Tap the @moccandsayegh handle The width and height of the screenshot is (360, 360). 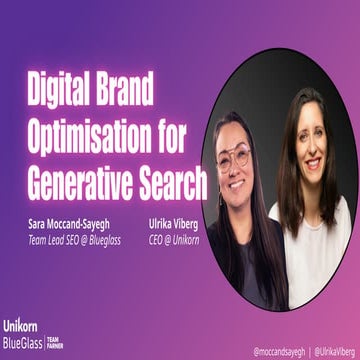[x=278, y=350]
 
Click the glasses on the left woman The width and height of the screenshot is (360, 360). [x=236, y=157]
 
